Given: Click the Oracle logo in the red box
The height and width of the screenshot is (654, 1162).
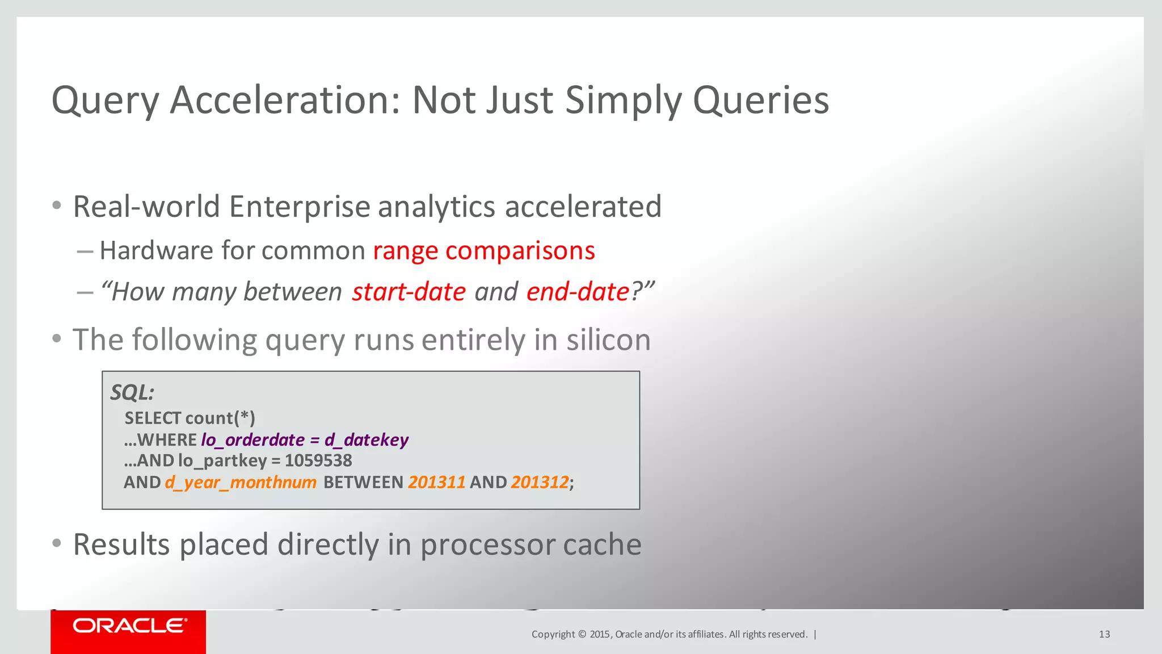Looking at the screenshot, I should point(129,626).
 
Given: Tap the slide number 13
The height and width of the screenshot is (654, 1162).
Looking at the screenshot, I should point(1104,634).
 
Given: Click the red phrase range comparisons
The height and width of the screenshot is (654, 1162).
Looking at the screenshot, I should point(483,250).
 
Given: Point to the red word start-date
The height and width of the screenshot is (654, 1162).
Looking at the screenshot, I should point(409,292).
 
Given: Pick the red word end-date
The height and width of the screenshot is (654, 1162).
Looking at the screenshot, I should point(578,292).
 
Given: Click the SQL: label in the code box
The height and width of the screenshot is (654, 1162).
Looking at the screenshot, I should point(132,392).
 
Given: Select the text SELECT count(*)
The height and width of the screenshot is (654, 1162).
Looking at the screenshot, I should point(190,418).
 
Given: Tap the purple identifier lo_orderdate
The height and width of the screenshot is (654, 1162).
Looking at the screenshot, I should point(252,440).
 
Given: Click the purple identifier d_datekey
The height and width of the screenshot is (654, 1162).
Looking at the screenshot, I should point(367,440).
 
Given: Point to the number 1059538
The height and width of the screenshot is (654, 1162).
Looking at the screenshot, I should point(318,460).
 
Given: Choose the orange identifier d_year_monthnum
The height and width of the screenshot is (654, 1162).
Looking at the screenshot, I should point(241,483).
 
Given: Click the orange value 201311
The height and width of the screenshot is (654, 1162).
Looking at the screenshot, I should point(436,483).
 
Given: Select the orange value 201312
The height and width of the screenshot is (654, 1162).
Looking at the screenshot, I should point(540,483).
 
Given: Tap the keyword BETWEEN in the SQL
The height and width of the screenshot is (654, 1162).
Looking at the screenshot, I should point(363,483).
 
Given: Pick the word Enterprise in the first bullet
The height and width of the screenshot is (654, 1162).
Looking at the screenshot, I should point(300,207).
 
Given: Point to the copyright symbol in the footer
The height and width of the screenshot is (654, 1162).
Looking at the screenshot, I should point(582,634).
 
